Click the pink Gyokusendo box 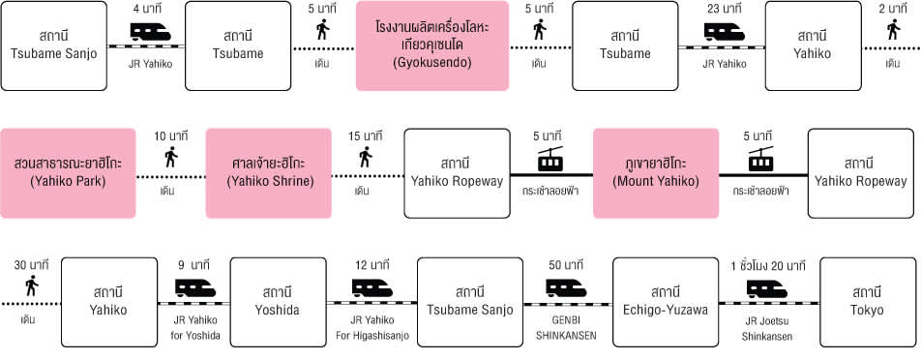point(432,45)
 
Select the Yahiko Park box point(68,173)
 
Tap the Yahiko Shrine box point(268,173)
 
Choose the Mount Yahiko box point(656,173)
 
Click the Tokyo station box point(868,302)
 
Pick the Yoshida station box point(278,302)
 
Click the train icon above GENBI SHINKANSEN point(566,287)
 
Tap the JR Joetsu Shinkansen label point(767,328)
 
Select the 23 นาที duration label point(725,9)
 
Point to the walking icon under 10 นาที point(171,158)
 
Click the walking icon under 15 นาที point(366,158)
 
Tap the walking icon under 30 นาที point(32,286)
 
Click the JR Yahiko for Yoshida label point(195,328)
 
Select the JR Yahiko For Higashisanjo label point(372,328)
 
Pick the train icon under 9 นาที point(195,287)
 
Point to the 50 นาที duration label point(566,265)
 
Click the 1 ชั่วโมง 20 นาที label point(768,265)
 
